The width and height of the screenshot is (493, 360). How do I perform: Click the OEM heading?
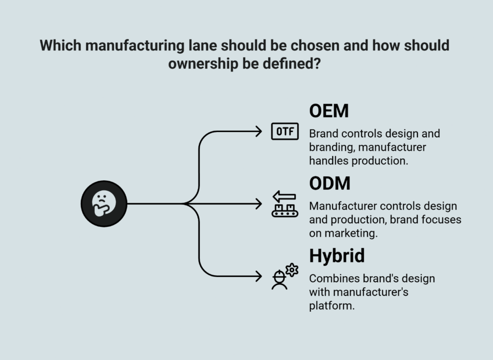click(x=329, y=111)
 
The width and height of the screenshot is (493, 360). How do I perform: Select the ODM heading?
click(x=330, y=184)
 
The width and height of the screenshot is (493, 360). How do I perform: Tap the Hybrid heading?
click(x=337, y=255)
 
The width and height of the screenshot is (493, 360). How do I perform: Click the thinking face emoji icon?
click(x=104, y=203)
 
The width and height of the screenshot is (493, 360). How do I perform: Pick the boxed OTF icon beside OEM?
click(x=285, y=132)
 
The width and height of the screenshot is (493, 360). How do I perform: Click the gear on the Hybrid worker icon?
click(x=292, y=270)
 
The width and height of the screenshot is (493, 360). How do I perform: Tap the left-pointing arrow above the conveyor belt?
click(x=285, y=196)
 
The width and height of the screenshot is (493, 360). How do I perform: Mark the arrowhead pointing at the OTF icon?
click(x=259, y=131)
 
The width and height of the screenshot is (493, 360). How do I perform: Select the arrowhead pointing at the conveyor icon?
click(x=259, y=203)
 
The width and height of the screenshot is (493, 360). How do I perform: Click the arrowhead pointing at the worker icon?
click(x=259, y=276)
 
